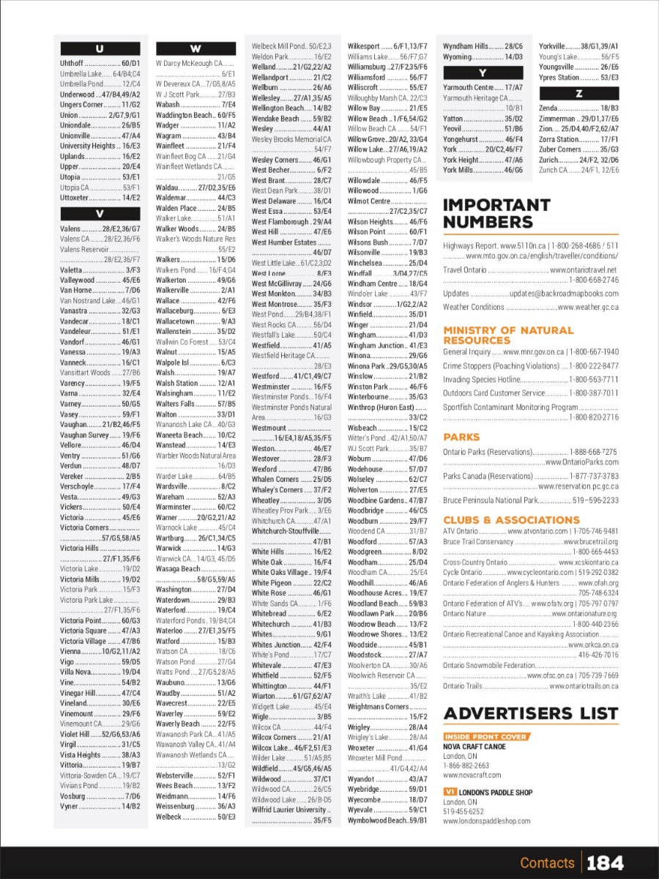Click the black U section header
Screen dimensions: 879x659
coord(100,49)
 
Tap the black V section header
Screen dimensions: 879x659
coord(100,214)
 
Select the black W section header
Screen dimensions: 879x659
coord(196,49)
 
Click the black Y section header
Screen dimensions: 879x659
coord(483,73)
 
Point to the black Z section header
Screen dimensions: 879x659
coord(578,93)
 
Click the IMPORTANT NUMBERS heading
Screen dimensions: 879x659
coord(496,213)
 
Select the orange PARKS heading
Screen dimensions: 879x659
coord(461,437)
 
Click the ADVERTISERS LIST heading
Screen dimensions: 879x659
coord(530,713)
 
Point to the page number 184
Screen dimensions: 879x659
coord(604,863)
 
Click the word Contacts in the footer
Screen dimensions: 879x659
coord(547,863)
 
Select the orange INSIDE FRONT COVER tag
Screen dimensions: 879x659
coord(486,737)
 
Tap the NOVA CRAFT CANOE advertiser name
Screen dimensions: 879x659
coord(474,746)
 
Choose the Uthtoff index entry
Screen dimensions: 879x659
coord(72,64)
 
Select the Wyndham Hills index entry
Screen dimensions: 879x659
coord(466,46)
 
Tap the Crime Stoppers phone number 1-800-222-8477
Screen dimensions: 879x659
coord(594,366)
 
